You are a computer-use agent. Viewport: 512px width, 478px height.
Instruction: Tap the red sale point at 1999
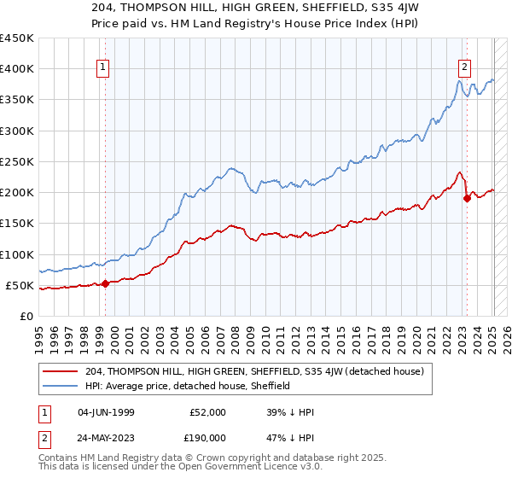point(105,283)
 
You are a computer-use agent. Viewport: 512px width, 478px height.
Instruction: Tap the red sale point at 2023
point(467,199)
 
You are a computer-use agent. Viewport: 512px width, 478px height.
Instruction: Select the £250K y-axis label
point(17,161)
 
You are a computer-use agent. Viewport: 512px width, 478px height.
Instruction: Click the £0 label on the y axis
point(26,316)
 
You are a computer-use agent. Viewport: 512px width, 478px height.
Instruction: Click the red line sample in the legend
point(61,370)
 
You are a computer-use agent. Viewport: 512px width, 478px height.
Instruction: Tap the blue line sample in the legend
point(61,386)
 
